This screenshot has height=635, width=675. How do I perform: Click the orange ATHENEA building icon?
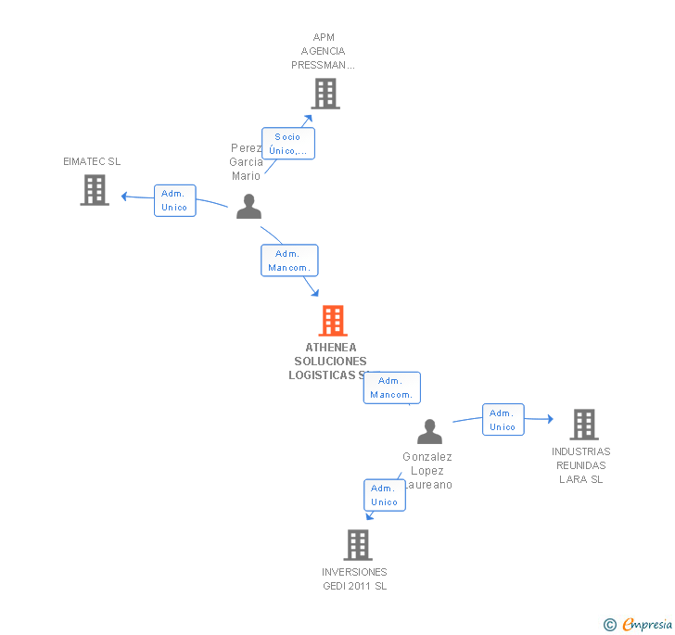(332, 321)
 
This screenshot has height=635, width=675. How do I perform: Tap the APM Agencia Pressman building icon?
(325, 94)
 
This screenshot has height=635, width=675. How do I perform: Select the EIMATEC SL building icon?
(95, 190)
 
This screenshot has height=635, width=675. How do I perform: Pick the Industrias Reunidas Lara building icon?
(583, 425)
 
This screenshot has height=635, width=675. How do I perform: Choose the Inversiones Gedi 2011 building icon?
(358, 545)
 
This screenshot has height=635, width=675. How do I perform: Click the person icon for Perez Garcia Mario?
(248, 206)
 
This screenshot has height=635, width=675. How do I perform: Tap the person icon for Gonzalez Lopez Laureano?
(429, 432)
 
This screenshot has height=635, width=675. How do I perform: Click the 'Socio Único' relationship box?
(288, 144)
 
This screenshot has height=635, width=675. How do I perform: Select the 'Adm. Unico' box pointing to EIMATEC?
(174, 200)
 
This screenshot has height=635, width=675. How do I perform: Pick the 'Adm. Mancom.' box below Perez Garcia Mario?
(289, 260)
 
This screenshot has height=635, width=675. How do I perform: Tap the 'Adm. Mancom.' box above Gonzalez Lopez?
(391, 387)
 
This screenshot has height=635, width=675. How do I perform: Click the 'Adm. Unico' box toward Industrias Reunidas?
(503, 420)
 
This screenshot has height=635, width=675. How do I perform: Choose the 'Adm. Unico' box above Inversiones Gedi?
(384, 495)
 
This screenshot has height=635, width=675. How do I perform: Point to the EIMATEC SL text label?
(92, 161)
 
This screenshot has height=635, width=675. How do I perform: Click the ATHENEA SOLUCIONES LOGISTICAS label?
(330, 362)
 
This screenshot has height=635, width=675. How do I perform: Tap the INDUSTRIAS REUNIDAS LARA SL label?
(581, 465)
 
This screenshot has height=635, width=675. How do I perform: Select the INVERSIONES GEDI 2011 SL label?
(354, 579)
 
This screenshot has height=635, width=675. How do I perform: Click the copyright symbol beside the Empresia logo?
(610, 625)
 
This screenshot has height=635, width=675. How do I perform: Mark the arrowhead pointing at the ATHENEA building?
(315, 293)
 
